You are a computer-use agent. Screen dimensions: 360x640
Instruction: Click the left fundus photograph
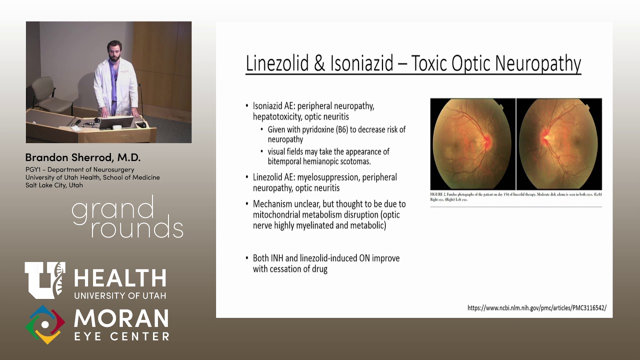(472, 144)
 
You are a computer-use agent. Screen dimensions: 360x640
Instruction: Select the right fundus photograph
(559, 144)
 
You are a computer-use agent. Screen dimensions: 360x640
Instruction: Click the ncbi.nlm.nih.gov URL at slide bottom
(536, 308)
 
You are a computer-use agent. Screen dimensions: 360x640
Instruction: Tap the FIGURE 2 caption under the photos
(515, 196)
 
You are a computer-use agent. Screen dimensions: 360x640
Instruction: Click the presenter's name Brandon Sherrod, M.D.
(83, 157)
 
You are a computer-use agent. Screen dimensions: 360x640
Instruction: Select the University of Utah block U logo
(44, 280)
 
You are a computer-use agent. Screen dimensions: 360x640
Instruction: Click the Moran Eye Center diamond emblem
(45, 324)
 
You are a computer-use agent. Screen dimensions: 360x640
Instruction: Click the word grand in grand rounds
(113, 210)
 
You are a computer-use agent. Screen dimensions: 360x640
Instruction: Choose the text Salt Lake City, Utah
(54, 185)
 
